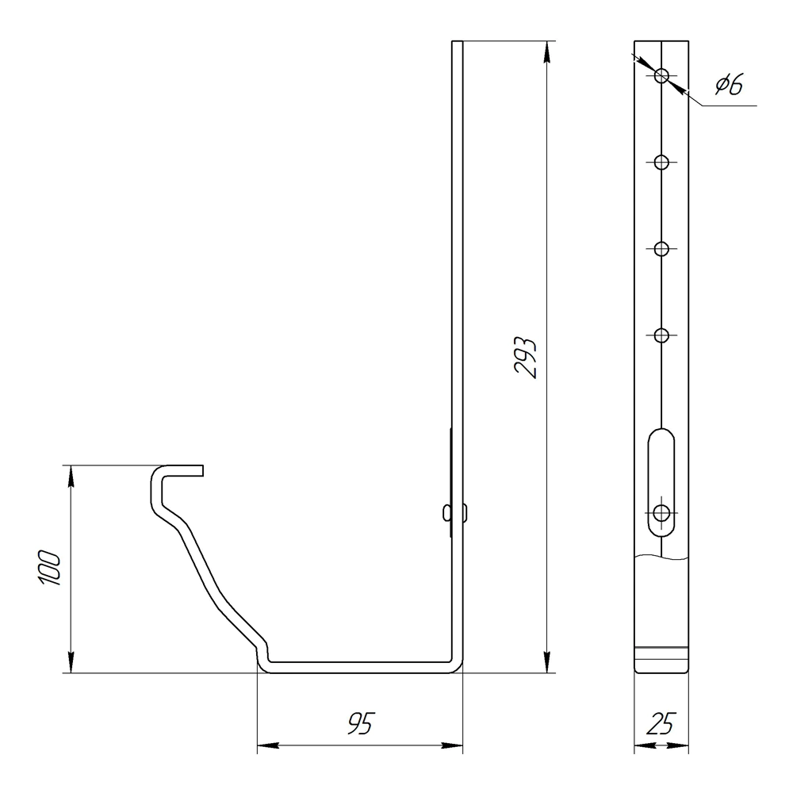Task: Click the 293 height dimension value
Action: (525, 357)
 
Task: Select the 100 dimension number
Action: (49, 568)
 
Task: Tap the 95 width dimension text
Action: (361, 723)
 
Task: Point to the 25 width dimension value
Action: (661, 724)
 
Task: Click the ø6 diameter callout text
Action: (730, 84)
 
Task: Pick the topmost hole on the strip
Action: (661, 76)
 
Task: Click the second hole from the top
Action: (661, 163)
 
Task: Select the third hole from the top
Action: (661, 249)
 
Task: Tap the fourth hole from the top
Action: (661, 335)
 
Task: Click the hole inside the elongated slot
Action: (661, 513)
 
